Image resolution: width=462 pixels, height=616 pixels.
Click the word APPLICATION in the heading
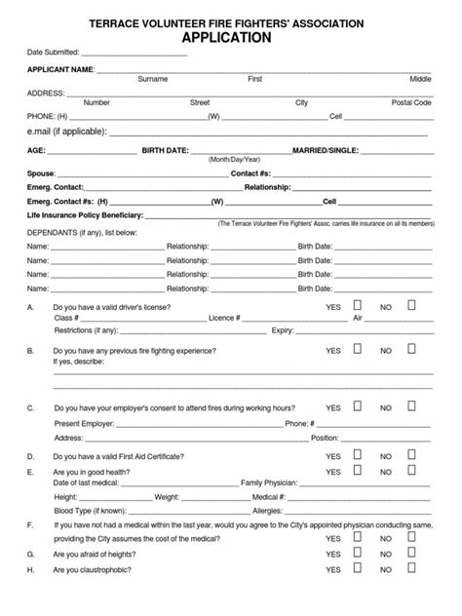click(231, 38)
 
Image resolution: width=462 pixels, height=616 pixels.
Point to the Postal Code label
click(411, 101)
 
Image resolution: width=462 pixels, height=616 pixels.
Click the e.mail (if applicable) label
click(65, 130)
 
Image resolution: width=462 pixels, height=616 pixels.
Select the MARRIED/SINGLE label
click(326, 150)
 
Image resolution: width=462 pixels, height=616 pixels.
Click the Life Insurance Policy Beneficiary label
click(85, 214)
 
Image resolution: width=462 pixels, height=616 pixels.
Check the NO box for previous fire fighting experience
click(411, 348)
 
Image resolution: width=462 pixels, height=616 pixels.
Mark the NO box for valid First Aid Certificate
click(411, 454)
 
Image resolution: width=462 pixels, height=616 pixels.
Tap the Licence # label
click(225, 318)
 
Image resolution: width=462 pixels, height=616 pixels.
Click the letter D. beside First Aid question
click(31, 456)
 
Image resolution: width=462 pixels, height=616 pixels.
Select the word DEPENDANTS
click(55, 234)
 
